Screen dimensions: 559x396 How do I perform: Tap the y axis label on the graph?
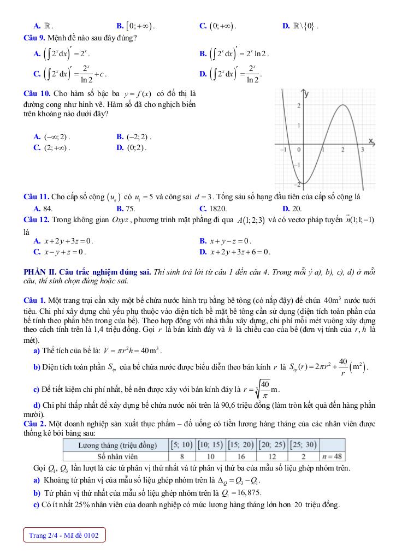point(306,94)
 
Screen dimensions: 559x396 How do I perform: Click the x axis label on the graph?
point(371,141)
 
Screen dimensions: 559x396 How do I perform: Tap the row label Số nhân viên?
point(117,456)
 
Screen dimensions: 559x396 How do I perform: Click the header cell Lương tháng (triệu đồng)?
point(117,445)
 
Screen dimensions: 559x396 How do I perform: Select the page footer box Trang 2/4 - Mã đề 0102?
point(64,536)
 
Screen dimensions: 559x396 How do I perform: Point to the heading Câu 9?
point(36,38)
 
